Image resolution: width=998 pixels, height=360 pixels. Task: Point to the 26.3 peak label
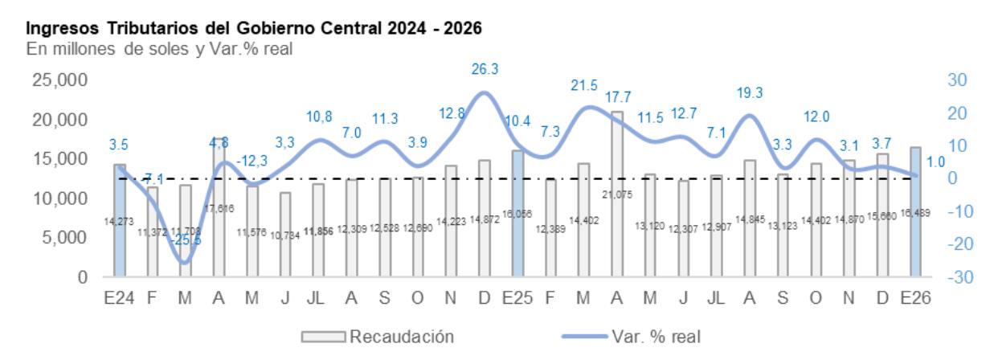click(x=485, y=70)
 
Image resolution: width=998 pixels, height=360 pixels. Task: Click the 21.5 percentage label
click(x=583, y=85)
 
